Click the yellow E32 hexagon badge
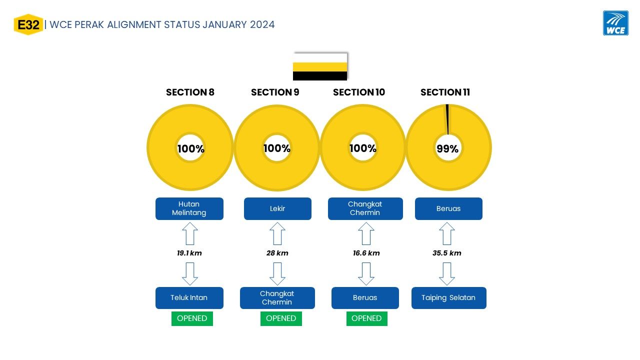[x=28, y=24]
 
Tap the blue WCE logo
[x=615, y=23]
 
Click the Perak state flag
[x=320, y=66]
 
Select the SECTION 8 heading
[x=190, y=92]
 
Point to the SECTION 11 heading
[x=445, y=92]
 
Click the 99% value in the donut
[x=447, y=148]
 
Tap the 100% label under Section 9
[x=277, y=148]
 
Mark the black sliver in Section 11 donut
[x=447, y=119]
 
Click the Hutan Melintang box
[x=189, y=208]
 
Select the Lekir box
[x=277, y=208]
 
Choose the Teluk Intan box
[x=189, y=297]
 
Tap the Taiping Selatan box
[x=449, y=297]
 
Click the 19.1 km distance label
[x=189, y=253]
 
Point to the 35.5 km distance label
[x=447, y=253]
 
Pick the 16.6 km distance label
[x=366, y=253]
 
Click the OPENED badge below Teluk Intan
[x=192, y=318]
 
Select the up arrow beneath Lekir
[x=277, y=233]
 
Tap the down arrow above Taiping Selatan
[x=447, y=274]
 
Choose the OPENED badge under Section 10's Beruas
[x=367, y=318]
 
